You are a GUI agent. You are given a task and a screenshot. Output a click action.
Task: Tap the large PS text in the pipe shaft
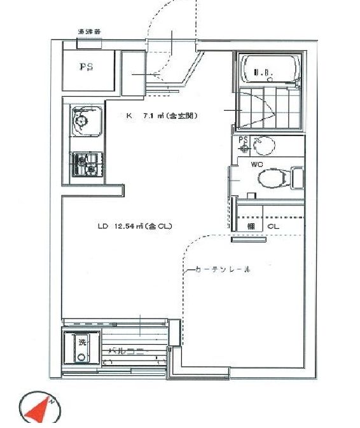pyautogui.click(x=86, y=66)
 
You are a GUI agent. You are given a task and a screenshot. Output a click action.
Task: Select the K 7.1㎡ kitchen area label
pyautogui.click(x=162, y=116)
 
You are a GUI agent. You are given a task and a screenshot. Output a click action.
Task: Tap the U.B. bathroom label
pyautogui.click(x=263, y=72)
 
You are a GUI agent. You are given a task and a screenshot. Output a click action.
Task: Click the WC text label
pyautogui.click(x=257, y=164)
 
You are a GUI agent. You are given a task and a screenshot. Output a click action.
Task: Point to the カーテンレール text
pyautogui.click(x=220, y=270)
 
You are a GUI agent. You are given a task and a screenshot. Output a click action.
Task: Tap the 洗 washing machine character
pyautogui.click(x=81, y=343)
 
